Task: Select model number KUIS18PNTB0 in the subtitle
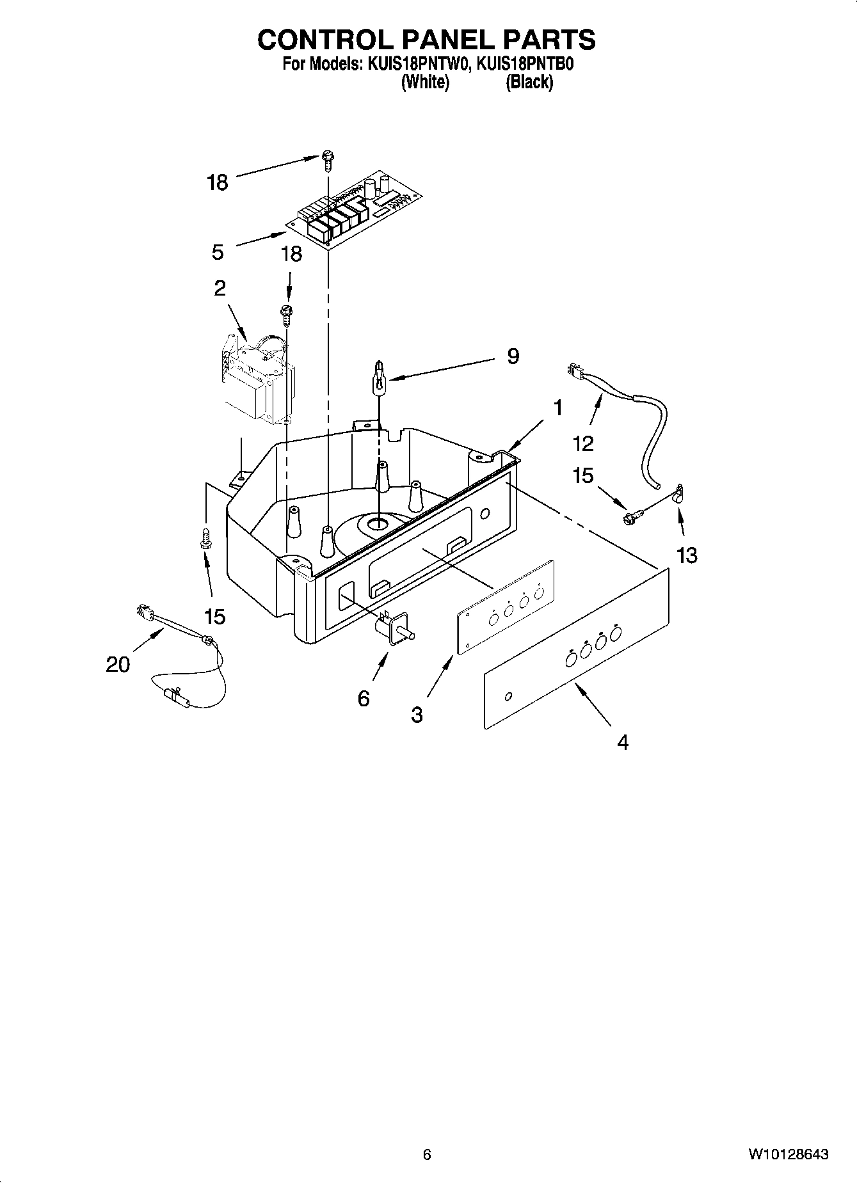[524, 65]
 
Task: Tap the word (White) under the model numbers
[425, 82]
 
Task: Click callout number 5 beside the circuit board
[218, 252]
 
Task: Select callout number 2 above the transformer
[220, 289]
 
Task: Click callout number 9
[513, 356]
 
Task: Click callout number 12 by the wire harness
[583, 443]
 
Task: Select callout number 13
[686, 555]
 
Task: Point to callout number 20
[118, 664]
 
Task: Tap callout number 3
[417, 715]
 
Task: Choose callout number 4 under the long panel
[622, 742]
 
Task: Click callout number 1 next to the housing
[557, 407]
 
